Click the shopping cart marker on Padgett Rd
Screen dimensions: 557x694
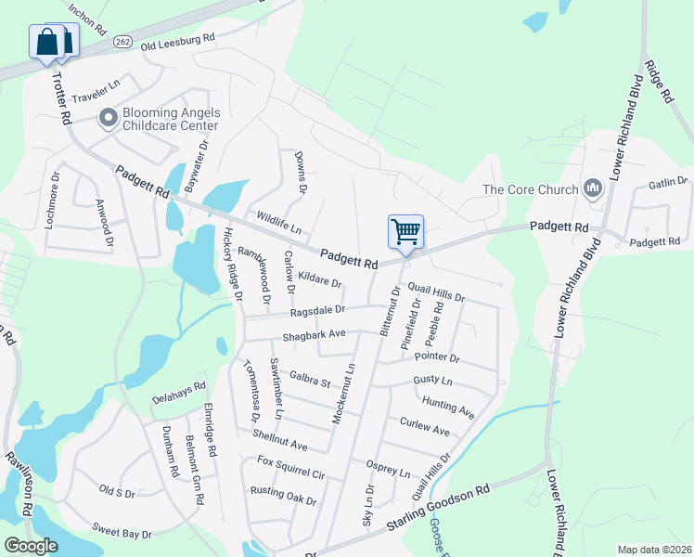[405, 230]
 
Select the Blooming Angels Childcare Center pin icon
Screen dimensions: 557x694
[108, 117]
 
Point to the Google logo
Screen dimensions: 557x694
[31, 546]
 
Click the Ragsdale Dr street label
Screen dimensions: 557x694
[317, 311]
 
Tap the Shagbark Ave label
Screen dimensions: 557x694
[314, 334]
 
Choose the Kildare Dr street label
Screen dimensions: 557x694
[320, 279]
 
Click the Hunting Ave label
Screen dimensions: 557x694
[447, 407]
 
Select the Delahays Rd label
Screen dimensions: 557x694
[178, 394]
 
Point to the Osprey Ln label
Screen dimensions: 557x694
[388, 467]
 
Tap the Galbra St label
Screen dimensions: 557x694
[309, 379]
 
